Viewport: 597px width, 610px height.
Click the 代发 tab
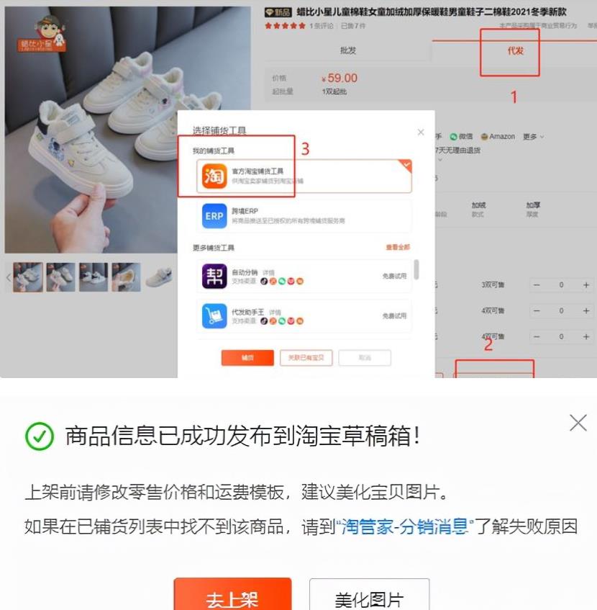click(x=515, y=51)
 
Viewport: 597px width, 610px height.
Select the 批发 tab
click(x=348, y=51)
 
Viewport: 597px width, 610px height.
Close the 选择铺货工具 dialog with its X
click(x=421, y=132)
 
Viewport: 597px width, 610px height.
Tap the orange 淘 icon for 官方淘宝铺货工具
click(x=214, y=176)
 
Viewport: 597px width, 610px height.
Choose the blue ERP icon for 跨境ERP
click(x=214, y=215)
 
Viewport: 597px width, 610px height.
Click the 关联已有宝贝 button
click(x=306, y=358)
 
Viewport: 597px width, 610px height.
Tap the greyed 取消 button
click(x=365, y=358)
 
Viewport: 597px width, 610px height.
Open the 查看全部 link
click(x=398, y=248)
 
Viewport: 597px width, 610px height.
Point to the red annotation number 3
click(x=305, y=149)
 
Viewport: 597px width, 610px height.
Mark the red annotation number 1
click(x=514, y=97)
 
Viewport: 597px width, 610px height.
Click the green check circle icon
click(x=40, y=436)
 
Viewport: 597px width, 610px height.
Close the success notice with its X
click(x=578, y=423)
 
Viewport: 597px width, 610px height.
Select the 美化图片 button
click(x=369, y=598)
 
